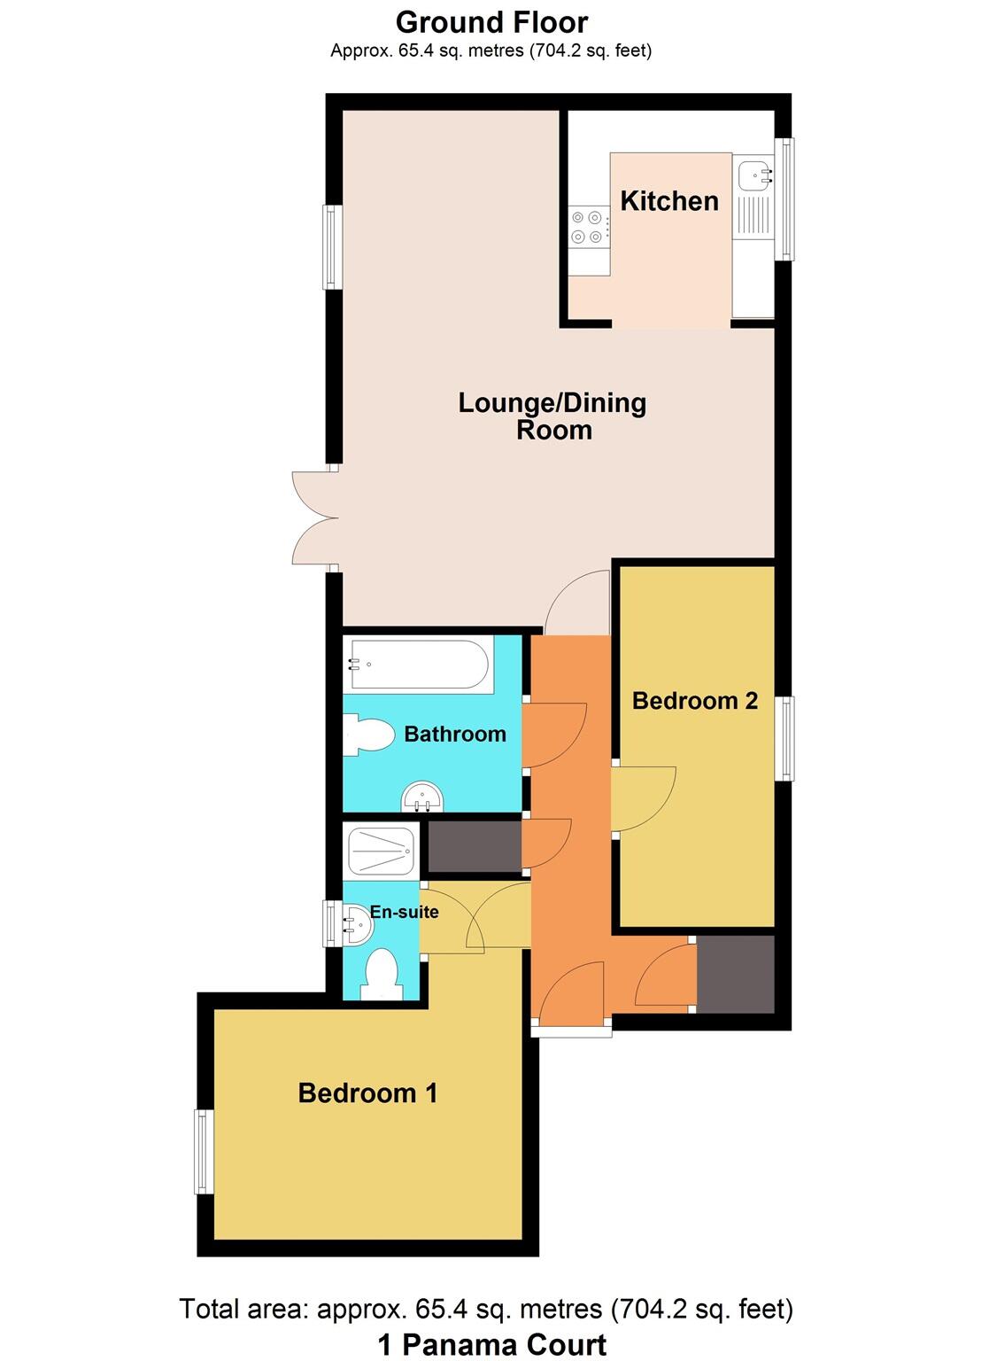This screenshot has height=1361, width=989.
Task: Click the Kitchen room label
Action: pyautogui.click(x=668, y=201)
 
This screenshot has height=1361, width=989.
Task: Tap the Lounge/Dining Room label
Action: pyautogui.click(x=552, y=416)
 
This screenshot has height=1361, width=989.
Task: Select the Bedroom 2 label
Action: pyautogui.click(x=695, y=701)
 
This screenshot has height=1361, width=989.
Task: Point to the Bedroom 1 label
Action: pyautogui.click(x=367, y=1093)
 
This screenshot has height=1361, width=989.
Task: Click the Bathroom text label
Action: pyautogui.click(x=455, y=734)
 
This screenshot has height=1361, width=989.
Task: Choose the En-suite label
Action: pyautogui.click(x=404, y=912)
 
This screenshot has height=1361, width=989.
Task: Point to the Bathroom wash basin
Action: pyautogui.click(x=423, y=797)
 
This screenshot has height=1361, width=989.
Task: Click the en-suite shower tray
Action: pyautogui.click(x=382, y=851)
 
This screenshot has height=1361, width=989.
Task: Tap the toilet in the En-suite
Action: pyautogui.click(x=382, y=975)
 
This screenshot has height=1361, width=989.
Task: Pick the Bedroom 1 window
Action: pyautogui.click(x=204, y=1151)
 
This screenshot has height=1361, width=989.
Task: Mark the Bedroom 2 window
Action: pyautogui.click(x=784, y=738)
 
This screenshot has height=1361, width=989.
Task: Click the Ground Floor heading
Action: pyautogui.click(x=491, y=22)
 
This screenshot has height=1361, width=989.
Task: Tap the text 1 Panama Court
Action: pyautogui.click(x=491, y=1344)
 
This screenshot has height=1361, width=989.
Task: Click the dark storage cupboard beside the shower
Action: pyautogui.click(x=474, y=848)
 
